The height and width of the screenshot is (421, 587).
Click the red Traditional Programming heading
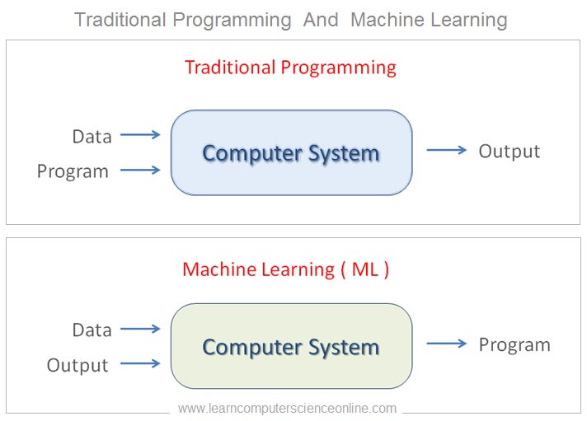(290, 67)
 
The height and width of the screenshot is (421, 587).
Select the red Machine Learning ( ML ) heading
(285, 269)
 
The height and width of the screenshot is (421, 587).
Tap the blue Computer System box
(291, 152)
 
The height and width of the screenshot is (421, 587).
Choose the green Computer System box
(291, 346)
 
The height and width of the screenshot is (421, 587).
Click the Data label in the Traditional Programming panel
(92, 136)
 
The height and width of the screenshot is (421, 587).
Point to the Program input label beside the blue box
(73, 171)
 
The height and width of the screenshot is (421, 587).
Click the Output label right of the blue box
(510, 151)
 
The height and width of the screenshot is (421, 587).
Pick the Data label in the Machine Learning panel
(92, 330)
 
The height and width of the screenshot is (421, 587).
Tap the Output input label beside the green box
(77, 365)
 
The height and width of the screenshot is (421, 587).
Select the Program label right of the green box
(514, 344)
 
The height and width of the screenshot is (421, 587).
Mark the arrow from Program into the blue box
(139, 171)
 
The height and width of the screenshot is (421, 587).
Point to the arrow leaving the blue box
(446, 150)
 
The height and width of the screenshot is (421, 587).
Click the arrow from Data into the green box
(139, 329)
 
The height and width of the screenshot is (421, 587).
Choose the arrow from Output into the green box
(139, 363)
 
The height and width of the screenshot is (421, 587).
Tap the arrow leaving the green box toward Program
(446, 344)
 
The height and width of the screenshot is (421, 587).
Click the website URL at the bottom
(287, 408)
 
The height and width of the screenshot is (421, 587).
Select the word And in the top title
(321, 19)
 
